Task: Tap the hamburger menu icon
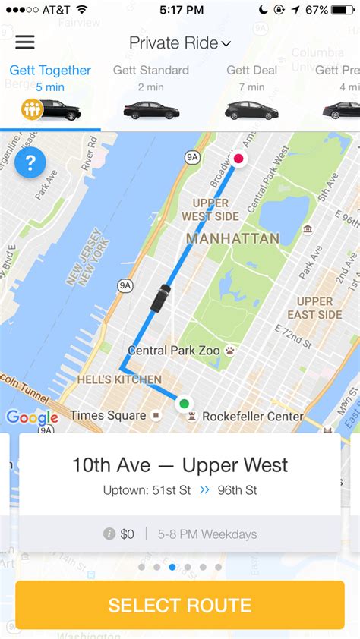25,42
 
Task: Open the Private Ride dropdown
180,43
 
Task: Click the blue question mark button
30,162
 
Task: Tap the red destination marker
238,159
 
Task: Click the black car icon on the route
160,297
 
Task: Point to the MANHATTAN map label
232,238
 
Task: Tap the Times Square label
108,415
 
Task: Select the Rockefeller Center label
253,416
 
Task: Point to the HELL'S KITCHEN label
119,379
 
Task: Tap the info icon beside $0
109,534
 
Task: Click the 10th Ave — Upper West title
180,464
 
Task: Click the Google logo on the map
32,417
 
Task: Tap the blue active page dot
172,567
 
